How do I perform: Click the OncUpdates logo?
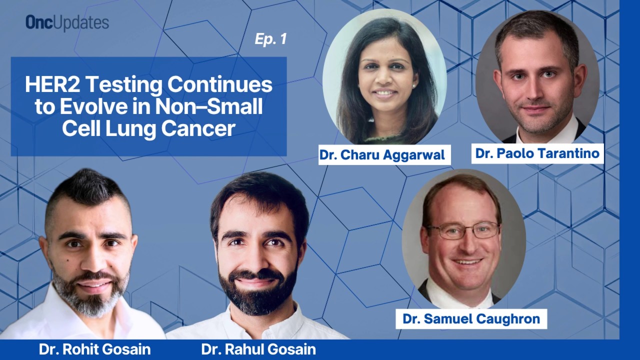(67, 23)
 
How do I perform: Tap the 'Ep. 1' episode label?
(271, 39)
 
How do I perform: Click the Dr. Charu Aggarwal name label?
(384, 155)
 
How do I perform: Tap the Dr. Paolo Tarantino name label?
(537, 153)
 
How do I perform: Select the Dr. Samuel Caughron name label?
(471, 318)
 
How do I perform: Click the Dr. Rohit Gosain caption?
(94, 349)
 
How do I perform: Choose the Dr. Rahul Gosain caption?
(258, 349)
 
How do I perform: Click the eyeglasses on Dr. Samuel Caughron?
(463, 230)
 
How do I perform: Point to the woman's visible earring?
(414, 86)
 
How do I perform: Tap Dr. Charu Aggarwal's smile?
(385, 93)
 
